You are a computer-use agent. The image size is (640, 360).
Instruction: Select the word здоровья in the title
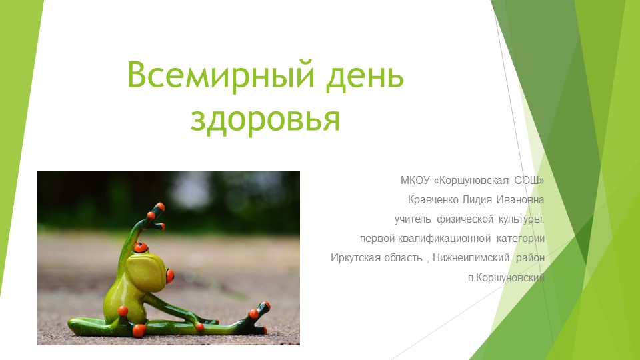click(x=265, y=119)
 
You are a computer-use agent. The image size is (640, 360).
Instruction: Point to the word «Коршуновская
click(x=470, y=180)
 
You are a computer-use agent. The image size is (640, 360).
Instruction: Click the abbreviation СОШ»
click(x=529, y=180)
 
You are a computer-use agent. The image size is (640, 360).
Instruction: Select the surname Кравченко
click(x=435, y=199)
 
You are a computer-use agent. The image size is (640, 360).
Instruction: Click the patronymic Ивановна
click(x=523, y=199)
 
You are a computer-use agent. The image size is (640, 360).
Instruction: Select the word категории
click(x=521, y=238)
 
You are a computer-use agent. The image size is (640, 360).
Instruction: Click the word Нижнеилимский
click(x=471, y=257)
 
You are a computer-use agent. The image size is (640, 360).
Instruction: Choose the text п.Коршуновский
click(x=506, y=277)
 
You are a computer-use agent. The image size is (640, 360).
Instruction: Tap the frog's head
click(x=151, y=263)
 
